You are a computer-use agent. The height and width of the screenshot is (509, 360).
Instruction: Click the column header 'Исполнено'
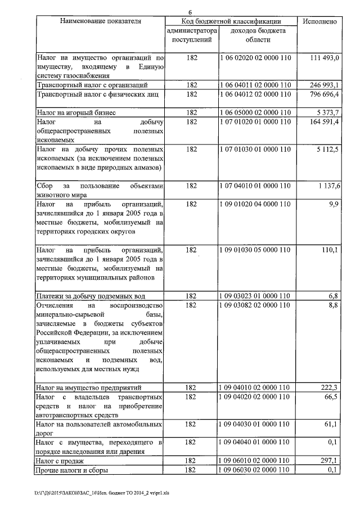coord(319,21)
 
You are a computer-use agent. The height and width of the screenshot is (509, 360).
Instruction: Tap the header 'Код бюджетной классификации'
coord(232,21)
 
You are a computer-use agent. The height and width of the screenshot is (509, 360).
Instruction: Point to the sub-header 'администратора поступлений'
coord(191,35)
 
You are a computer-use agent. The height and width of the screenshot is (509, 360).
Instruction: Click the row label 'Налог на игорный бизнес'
coord(76,112)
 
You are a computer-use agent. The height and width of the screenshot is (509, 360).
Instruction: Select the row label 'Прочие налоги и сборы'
coord(71,470)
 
